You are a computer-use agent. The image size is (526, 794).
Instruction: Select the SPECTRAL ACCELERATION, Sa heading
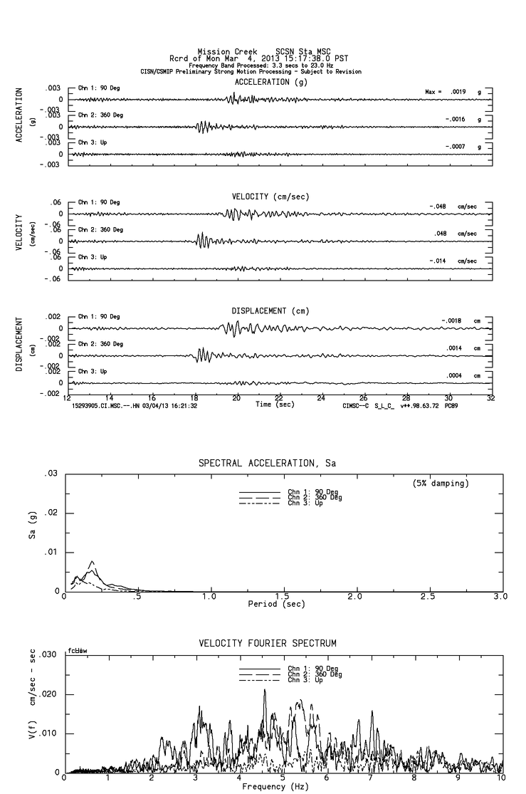(x=266, y=464)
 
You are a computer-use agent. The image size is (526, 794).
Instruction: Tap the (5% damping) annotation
(x=441, y=483)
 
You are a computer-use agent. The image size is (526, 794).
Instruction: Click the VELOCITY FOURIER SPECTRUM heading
(x=268, y=644)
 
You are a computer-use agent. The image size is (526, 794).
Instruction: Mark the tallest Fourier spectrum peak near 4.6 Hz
(x=265, y=690)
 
